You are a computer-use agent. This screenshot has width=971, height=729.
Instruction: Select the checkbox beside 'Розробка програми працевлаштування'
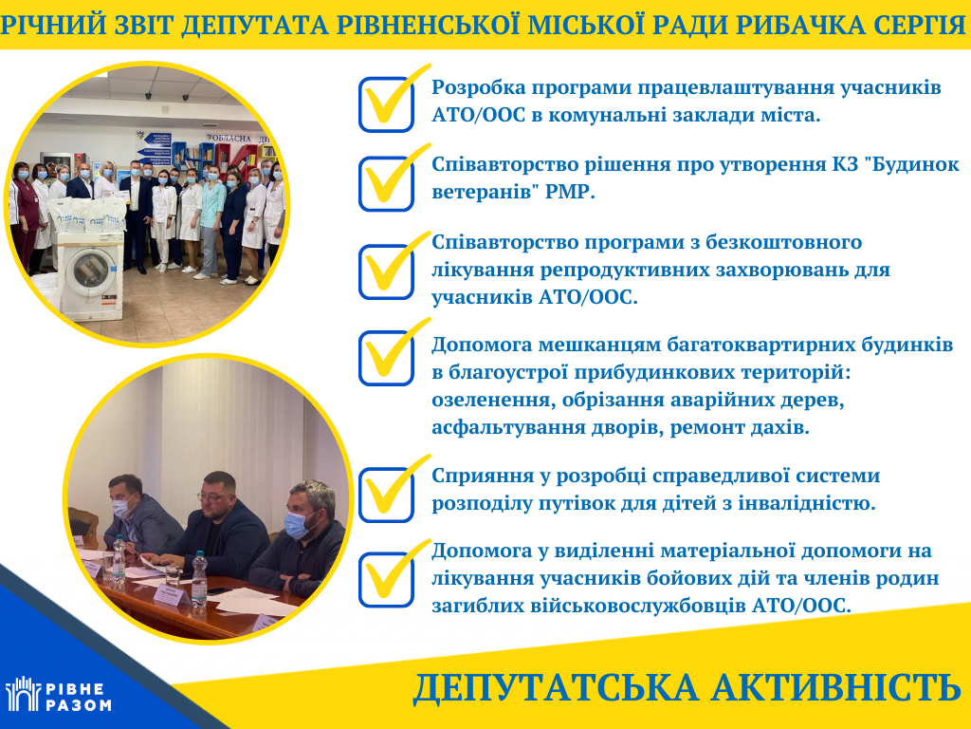387,104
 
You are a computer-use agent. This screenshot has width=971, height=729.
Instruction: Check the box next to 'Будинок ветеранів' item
387,183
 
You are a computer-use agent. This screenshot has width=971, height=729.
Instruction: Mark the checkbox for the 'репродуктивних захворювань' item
387,271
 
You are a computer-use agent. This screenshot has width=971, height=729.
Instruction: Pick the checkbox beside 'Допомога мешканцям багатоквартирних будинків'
387,358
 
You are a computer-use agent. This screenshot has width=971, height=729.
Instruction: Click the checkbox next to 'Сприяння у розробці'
387,495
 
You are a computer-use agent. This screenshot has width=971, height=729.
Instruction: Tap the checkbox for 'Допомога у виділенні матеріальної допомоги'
387,580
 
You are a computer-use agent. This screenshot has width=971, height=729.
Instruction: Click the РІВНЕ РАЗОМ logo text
78,698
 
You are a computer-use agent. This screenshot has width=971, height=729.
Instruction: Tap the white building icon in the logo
23,694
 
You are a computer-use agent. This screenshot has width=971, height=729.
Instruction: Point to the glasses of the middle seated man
213,495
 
